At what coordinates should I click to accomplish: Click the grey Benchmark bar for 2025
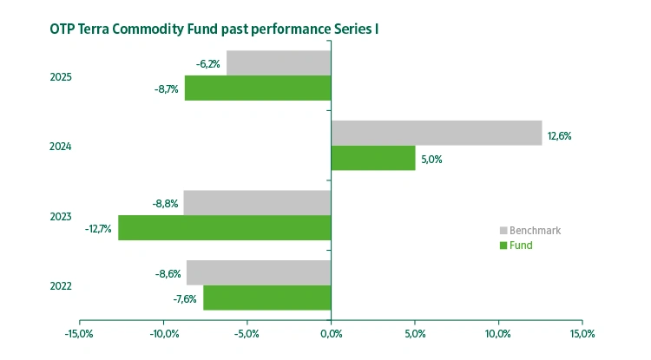pos(279,63)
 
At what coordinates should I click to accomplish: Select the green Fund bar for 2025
pos(258,88)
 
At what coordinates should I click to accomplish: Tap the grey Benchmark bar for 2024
pos(437,133)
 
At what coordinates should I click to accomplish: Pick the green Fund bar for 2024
pos(373,158)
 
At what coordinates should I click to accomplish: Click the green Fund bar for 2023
pos(225,228)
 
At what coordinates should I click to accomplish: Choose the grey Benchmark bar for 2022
pos(259,272)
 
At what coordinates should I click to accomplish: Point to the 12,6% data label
pos(559,136)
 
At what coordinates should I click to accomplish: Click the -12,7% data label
pos(98,229)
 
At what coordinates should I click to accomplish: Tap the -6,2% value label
pos(208,63)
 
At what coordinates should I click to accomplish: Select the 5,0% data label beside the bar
pos(432,160)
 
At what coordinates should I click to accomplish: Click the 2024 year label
pos(61,147)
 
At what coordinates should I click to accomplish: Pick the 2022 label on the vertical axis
pos(61,286)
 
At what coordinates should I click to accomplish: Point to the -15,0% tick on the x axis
pos(79,333)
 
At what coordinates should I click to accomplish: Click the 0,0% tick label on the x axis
pos(331,333)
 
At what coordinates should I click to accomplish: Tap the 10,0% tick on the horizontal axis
pos(498,333)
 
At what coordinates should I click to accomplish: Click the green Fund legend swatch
pos(503,245)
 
